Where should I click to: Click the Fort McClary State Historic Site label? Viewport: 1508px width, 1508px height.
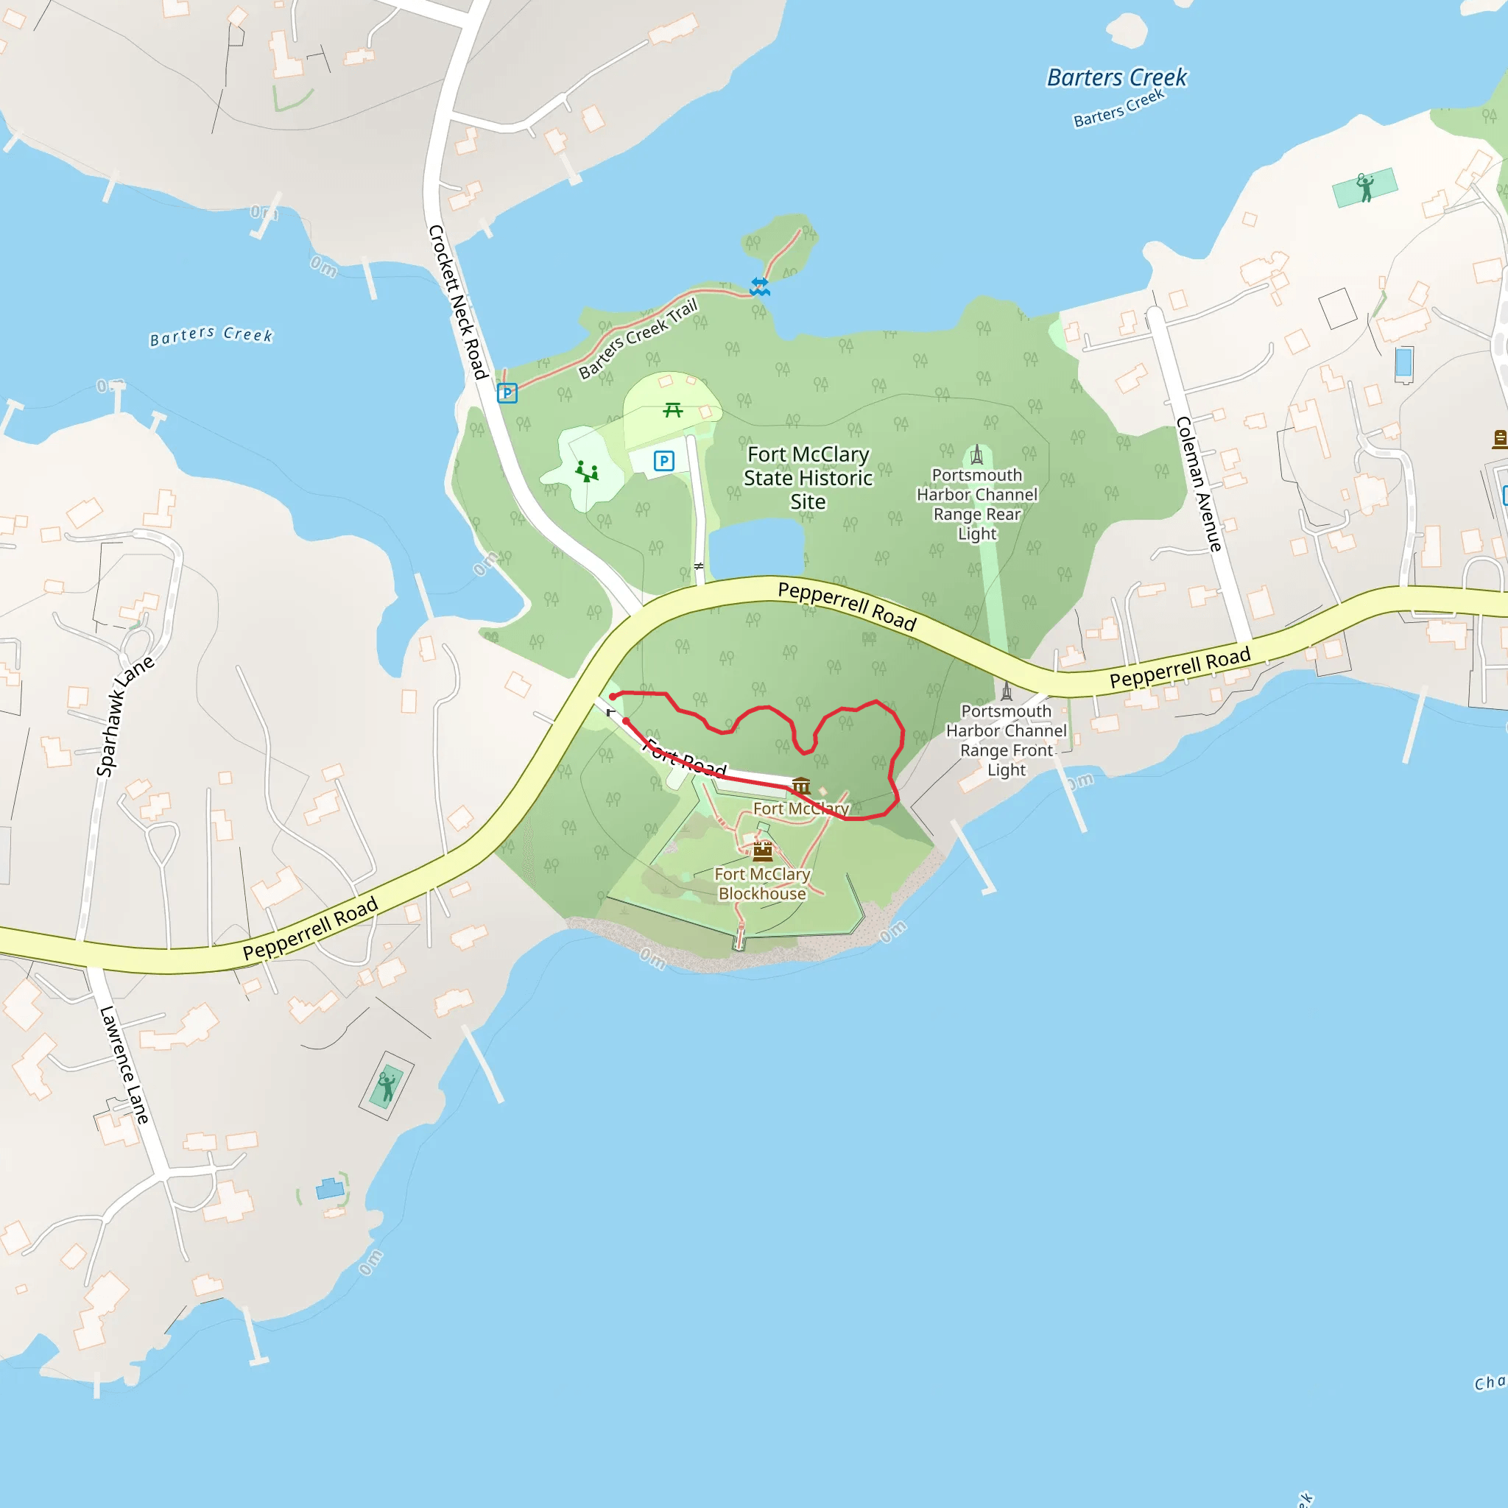808,478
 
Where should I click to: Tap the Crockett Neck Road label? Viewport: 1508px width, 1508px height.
458,302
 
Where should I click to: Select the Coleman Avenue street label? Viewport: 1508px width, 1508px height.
1198,484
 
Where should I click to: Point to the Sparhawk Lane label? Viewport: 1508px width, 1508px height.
125,716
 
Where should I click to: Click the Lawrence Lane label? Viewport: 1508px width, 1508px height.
123,1065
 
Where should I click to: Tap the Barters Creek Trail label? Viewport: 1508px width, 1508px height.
638,338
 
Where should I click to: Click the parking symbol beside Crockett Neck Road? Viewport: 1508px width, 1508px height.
507,392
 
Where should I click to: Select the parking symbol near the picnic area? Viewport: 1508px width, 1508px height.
664,460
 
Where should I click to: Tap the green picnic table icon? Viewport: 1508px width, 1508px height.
673,410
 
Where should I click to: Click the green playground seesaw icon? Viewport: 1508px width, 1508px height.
587,471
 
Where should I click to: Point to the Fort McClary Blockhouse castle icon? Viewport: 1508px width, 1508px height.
763,850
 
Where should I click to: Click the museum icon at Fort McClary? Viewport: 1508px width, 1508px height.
802,785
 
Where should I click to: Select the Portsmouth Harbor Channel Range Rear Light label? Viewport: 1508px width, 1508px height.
976,504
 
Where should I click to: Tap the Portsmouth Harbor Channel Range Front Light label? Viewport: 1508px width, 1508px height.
1006,740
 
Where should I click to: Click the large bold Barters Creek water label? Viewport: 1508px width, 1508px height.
1116,77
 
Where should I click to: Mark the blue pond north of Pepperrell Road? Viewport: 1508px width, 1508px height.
756,548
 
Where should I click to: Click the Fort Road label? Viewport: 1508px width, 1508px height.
687,758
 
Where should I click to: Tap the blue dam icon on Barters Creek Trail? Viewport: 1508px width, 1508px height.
759,286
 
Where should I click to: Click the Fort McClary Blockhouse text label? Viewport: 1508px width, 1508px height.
763,884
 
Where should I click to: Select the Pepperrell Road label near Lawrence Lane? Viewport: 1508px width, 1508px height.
310,928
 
